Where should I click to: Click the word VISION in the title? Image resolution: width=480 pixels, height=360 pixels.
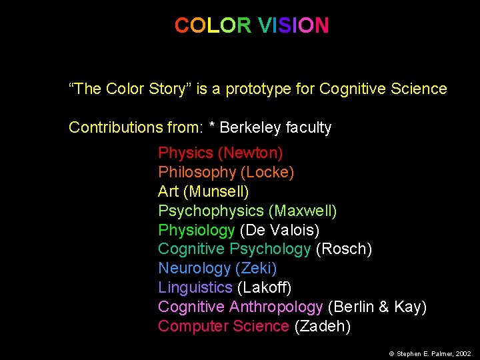pos(293,26)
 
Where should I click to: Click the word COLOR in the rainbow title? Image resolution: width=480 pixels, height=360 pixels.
pos(213,26)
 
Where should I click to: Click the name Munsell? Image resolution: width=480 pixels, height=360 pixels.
pos(218,192)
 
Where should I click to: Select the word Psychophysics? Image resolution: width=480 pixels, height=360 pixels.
pos(211,211)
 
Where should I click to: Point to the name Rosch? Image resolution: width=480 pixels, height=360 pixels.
pos(343,249)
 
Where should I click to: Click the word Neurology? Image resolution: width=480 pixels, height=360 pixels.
pos(194,269)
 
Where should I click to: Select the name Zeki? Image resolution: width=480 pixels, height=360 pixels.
pos(256,269)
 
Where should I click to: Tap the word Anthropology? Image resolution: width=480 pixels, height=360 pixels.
pos(276,307)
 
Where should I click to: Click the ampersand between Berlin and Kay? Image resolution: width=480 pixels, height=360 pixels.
pos(383,307)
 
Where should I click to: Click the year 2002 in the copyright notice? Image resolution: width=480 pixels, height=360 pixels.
pos(463,353)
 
